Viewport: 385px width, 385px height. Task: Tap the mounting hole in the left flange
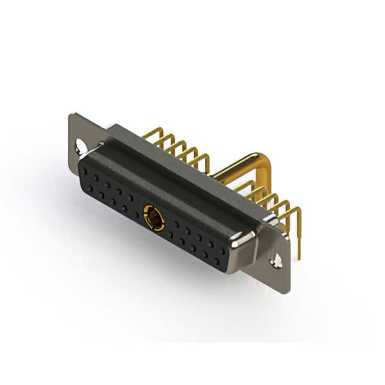click(x=80, y=146)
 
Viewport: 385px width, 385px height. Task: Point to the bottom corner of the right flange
click(x=288, y=291)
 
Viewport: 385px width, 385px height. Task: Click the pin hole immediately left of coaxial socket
click(x=137, y=212)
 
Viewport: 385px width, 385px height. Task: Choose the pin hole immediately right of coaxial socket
click(x=171, y=226)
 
